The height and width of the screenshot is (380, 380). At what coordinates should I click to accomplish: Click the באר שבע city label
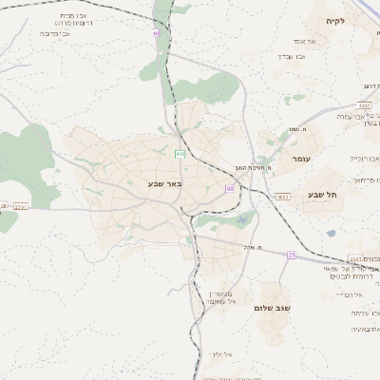163,182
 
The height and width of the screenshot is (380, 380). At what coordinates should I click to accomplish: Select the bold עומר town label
302,159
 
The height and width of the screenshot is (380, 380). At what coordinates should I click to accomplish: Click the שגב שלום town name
272,308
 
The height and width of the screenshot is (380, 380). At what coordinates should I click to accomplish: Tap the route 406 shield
180,153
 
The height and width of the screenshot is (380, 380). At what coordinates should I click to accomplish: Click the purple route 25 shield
291,255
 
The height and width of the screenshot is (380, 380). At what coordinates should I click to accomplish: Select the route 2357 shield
21,205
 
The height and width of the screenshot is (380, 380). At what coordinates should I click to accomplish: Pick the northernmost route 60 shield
156,34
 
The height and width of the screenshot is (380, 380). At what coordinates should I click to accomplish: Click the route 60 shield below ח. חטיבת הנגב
230,188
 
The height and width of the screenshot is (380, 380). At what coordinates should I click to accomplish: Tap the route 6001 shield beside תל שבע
283,196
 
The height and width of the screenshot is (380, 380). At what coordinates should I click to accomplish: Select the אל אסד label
292,41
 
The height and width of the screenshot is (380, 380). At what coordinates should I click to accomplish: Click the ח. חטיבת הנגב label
254,167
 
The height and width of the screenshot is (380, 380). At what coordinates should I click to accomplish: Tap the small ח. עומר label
294,130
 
